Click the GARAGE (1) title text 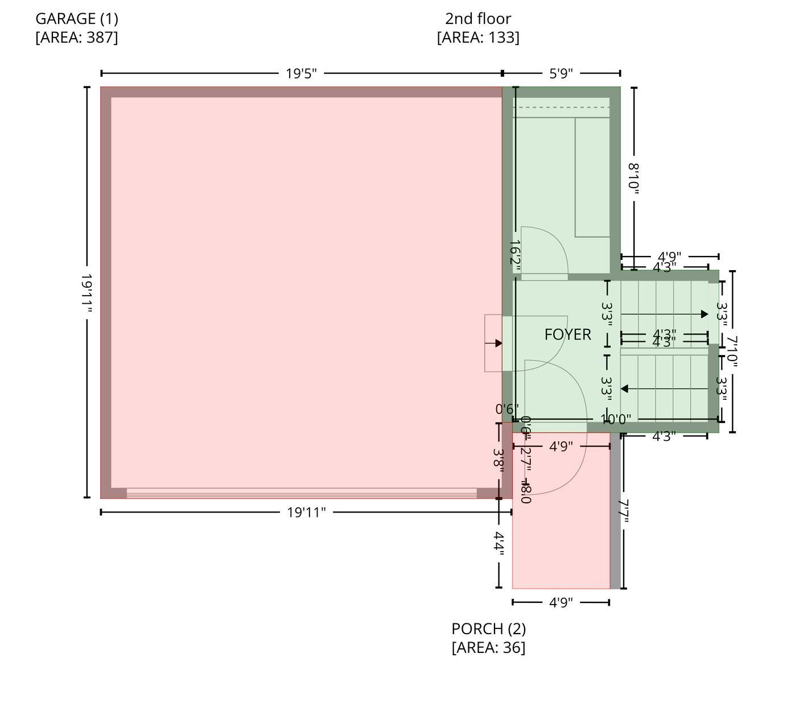pos(77,19)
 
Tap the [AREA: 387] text pos(77,38)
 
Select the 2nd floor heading pos(478,19)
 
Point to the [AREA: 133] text pos(478,38)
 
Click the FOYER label pos(567,334)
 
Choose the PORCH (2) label pos(489,629)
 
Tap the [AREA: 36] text pos(489,648)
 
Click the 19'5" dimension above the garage pos(301,73)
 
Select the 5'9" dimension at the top pos(561,73)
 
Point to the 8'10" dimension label pos(634,178)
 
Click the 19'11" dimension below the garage pos(306,512)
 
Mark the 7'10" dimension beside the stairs pos(732,351)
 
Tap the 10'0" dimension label pos(616,420)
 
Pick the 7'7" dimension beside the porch pos(624,511)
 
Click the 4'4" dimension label pos(499,543)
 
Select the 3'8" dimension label pos(499,458)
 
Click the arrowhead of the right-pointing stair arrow pos(705,314)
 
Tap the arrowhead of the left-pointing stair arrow pos(624,389)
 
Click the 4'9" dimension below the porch pos(561,602)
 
